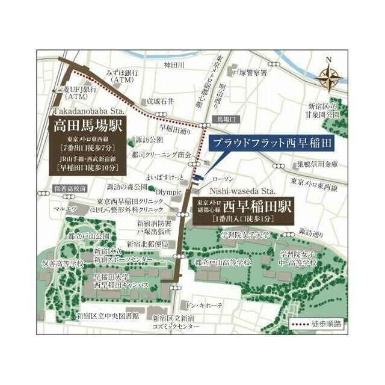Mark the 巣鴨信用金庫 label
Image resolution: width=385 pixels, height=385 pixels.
[x=317, y=164]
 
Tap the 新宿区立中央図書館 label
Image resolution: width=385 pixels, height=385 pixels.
[x=108, y=316]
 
